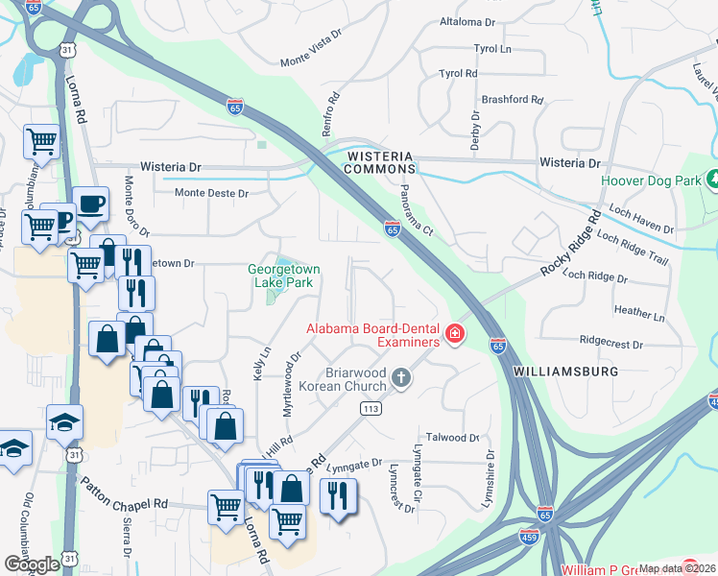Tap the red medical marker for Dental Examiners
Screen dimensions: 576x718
click(454, 335)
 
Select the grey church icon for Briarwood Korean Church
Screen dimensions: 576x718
click(402, 378)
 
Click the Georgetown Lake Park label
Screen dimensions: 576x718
click(283, 276)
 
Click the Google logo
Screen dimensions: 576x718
click(31, 564)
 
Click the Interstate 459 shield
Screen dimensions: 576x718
click(528, 536)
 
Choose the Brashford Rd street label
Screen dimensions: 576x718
click(513, 99)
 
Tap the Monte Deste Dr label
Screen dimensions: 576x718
click(211, 193)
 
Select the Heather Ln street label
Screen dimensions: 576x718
click(638, 314)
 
